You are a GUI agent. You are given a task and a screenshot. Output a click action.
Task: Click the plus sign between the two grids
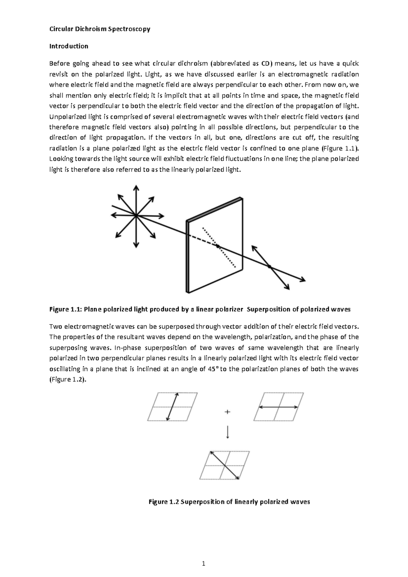(227, 412)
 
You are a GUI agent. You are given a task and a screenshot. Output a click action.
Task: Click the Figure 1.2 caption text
(230, 502)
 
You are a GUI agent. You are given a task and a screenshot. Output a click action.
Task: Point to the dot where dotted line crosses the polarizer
(218, 246)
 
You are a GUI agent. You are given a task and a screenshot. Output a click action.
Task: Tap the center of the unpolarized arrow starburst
(136, 215)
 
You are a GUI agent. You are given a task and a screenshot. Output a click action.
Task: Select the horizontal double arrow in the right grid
(278, 407)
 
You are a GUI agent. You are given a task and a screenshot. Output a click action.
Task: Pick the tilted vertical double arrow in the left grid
(172, 407)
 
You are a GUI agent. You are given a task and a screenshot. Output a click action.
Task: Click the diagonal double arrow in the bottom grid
(225, 465)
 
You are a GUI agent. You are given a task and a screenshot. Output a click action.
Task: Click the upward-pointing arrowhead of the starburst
(136, 188)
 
